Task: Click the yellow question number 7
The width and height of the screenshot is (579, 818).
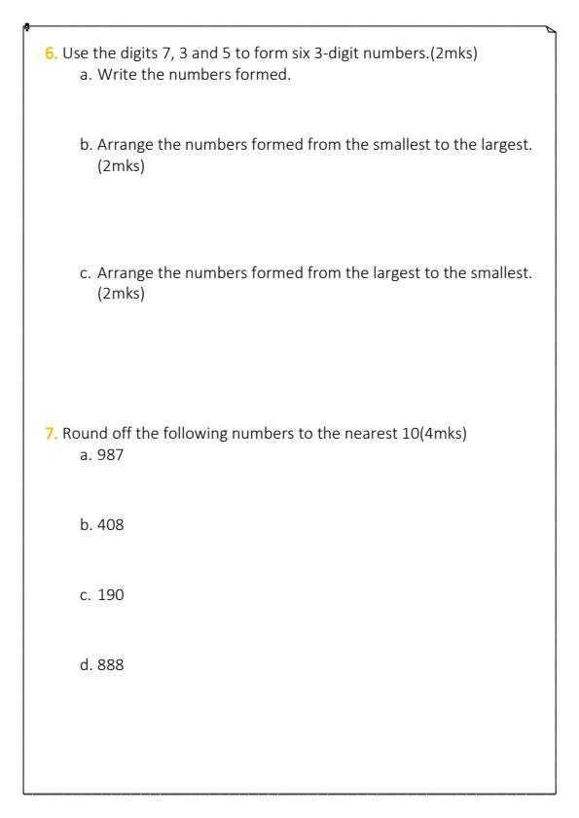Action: pos(51,434)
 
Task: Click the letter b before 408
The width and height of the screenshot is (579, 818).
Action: pos(85,524)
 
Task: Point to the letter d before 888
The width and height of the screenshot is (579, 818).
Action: pos(85,666)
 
